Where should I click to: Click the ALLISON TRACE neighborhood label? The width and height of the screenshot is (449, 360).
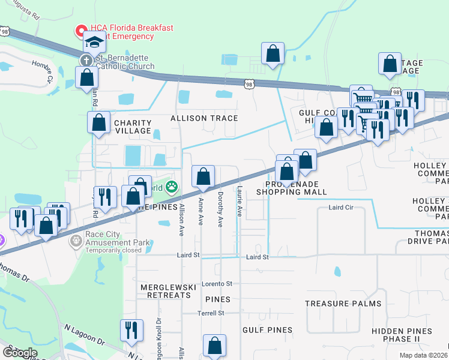click(x=204, y=119)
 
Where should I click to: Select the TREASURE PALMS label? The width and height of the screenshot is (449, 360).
click(x=343, y=304)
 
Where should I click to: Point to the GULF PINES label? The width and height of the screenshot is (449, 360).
click(x=267, y=330)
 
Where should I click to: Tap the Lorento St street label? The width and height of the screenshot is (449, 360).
click(x=217, y=283)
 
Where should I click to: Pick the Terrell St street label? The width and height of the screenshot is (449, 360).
click(x=211, y=313)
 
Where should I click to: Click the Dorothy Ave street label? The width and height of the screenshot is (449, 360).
click(x=220, y=210)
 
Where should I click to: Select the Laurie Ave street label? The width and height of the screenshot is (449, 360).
click(x=240, y=200)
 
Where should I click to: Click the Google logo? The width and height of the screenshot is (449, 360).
click(x=20, y=352)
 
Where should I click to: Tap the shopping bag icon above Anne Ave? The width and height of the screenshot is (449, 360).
click(x=203, y=177)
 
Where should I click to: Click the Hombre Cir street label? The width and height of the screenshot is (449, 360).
click(x=49, y=71)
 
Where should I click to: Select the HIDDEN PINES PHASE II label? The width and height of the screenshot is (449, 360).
click(x=401, y=335)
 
